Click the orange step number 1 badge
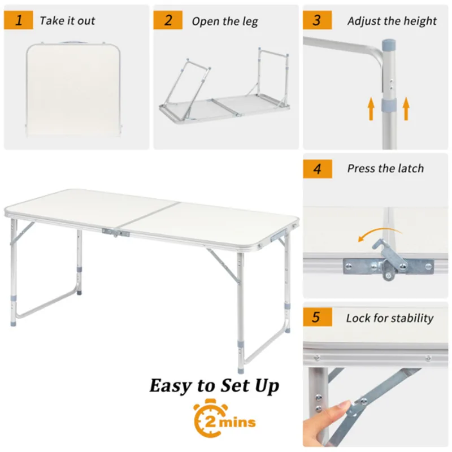19,21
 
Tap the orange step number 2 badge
168,21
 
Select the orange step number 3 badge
317,20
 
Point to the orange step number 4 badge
317,168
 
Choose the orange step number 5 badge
317,317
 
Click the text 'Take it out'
67,21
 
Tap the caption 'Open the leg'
225,21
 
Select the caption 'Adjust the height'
392,21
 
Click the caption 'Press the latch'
385,168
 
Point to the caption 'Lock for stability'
390,318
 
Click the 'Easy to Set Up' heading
214,386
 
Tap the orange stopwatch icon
208,420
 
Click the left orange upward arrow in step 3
371,108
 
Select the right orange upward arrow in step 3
405,108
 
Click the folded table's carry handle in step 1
74,42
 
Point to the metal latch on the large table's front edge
115,232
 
